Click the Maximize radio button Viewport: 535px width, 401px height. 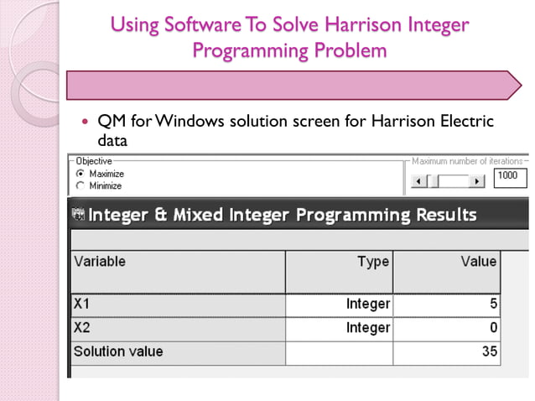pos(81,174)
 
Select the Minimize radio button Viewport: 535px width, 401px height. pos(81,185)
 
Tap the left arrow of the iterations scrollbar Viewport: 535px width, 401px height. pos(418,181)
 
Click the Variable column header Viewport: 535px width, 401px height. pos(100,262)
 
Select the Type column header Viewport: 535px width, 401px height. pos(372,262)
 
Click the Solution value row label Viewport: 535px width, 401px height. pos(118,351)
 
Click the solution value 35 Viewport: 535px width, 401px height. pos(489,351)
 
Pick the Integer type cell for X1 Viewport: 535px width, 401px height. pos(367,304)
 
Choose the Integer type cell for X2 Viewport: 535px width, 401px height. pos(367,327)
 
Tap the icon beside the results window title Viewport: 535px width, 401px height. pos(78,216)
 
